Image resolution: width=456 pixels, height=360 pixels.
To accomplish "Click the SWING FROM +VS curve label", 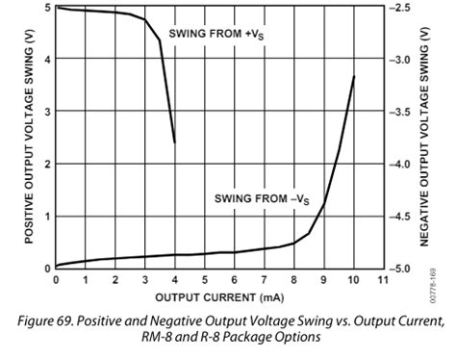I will click(x=216, y=35).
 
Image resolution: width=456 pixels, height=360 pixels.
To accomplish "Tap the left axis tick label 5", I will click(x=47, y=8).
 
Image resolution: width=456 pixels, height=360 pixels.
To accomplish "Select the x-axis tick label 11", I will click(x=384, y=280).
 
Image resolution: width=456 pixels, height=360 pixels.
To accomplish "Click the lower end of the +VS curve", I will click(x=174, y=141).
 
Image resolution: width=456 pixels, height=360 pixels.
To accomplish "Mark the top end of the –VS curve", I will click(x=355, y=76).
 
